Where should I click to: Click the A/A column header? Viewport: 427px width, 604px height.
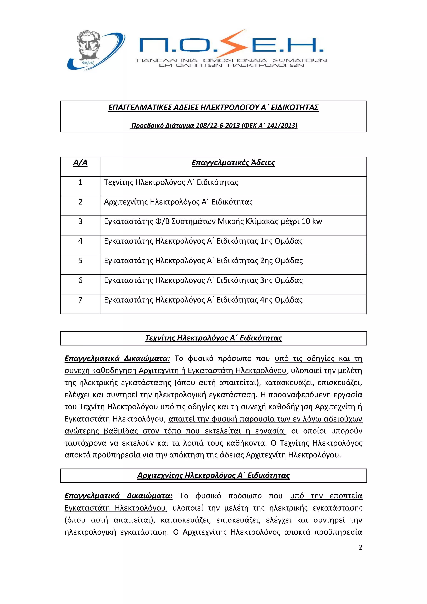80,163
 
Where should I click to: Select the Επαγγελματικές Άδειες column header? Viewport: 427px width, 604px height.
233,163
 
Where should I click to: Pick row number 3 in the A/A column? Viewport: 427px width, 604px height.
80,221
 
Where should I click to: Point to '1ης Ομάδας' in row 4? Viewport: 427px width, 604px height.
281,241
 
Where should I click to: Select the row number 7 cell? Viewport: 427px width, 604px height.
80,300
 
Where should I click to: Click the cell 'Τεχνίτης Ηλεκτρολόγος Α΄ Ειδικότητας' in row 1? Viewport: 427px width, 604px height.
171,182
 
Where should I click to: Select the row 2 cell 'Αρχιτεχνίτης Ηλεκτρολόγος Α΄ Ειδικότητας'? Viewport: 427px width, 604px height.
178,202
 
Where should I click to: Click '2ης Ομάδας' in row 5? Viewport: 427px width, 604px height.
281,261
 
